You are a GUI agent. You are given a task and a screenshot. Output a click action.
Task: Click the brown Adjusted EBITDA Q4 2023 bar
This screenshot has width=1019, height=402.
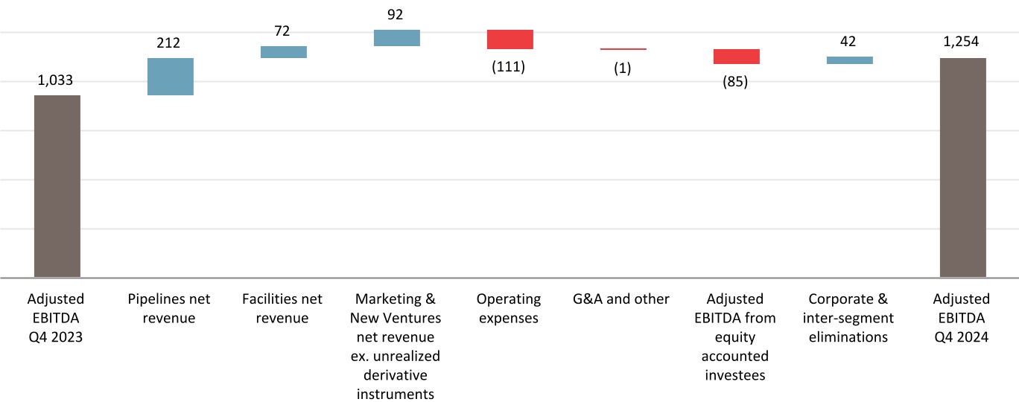(x=57, y=186)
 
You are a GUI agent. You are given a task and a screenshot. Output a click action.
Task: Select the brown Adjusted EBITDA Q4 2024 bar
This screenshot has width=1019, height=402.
(x=962, y=167)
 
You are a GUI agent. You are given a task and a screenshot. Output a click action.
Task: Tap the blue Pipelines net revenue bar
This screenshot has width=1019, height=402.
(x=171, y=77)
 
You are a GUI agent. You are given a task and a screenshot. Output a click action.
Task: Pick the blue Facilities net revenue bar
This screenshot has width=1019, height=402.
(x=283, y=52)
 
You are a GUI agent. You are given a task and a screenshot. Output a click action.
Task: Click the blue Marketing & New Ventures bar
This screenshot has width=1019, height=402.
(x=396, y=38)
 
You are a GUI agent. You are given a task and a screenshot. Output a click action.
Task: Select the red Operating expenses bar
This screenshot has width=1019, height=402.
(x=509, y=39)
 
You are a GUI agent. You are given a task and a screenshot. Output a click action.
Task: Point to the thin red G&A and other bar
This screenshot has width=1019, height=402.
(x=623, y=49)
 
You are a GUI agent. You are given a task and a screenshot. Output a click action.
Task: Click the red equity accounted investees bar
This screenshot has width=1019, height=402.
(x=736, y=57)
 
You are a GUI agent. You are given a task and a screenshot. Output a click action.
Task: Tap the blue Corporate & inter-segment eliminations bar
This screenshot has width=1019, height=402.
(x=849, y=60)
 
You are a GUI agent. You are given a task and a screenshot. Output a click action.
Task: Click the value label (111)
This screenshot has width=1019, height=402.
(x=509, y=67)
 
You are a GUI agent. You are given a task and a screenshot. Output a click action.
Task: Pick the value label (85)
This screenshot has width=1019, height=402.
(x=735, y=82)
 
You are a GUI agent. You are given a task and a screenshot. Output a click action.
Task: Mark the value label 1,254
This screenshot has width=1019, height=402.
(x=962, y=42)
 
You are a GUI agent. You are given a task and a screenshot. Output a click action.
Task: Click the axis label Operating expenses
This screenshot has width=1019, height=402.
(x=509, y=309)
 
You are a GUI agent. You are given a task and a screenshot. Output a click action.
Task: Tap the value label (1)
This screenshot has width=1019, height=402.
(x=623, y=68)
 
